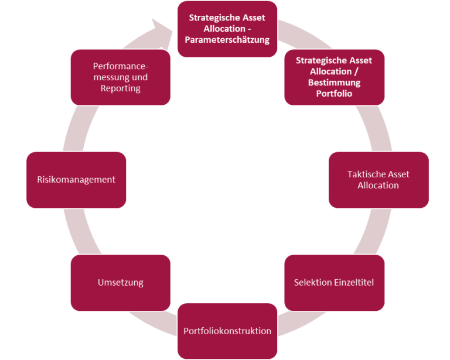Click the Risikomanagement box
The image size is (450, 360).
pos(76,180)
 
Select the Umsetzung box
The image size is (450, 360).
pos(120,283)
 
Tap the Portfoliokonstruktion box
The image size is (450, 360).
pos(227,331)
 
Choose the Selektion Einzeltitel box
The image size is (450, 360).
pos(334,283)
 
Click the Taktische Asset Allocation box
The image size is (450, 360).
pos(379,180)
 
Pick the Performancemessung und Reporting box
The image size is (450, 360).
pos(120,77)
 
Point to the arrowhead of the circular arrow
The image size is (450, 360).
pos(161,28)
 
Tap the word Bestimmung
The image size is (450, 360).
pos(334,83)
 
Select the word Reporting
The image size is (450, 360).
pos(121,88)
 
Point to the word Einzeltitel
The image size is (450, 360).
pos(353,283)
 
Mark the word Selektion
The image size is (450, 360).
pos(312,283)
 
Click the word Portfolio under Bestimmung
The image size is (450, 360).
pos(334,94)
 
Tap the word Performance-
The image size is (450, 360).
pos(121,66)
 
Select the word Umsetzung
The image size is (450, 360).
pos(120,283)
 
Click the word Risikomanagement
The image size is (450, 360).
pos(76,180)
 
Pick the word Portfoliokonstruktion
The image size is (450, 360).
pos(227,331)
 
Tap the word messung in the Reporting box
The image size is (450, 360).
pos(109,77)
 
